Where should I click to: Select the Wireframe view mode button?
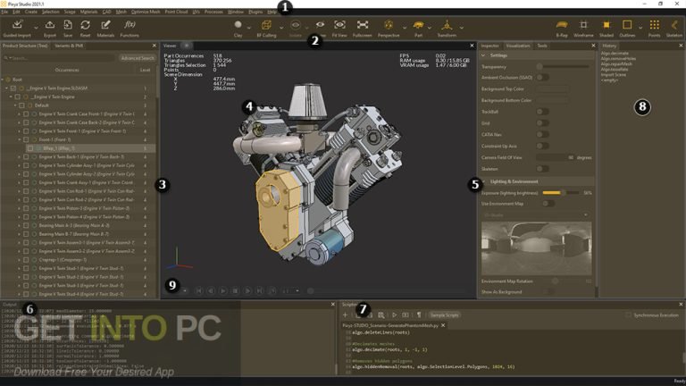583,28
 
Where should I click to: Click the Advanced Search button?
137,57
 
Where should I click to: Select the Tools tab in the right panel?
542,45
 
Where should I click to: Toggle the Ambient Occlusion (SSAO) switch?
541,78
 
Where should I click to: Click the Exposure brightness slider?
554,192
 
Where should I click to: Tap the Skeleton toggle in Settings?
541,167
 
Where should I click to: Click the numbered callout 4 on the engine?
248,105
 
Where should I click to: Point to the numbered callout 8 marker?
641,106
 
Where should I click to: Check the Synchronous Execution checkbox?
629,315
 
